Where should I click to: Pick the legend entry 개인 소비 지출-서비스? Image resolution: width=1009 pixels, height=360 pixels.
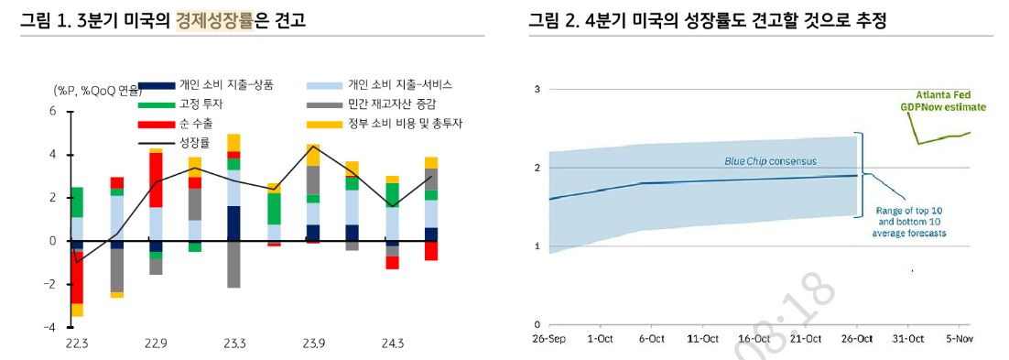pyautogui.click(x=399, y=84)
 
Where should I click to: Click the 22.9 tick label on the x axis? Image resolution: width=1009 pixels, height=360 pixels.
pyautogui.click(x=155, y=344)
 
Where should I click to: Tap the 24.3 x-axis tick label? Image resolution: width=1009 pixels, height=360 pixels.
pyautogui.click(x=391, y=344)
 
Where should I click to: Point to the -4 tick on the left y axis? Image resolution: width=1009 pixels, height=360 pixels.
pyautogui.click(x=51, y=327)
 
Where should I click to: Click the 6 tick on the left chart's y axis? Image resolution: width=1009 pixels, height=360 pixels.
pyautogui.click(x=53, y=111)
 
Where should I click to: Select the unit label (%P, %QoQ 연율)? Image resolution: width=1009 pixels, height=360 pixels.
pyautogui.click(x=97, y=90)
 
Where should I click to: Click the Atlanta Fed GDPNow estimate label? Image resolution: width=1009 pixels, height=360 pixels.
pyautogui.click(x=942, y=101)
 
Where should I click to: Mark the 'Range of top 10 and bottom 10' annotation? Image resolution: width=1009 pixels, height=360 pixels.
pyautogui.click(x=909, y=221)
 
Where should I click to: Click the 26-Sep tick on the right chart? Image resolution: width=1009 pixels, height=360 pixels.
pyautogui.click(x=548, y=340)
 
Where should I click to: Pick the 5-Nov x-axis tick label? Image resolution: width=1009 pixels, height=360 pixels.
pyautogui.click(x=958, y=340)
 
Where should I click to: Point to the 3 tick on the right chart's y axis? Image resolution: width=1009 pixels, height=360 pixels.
pyautogui.click(x=537, y=89)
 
